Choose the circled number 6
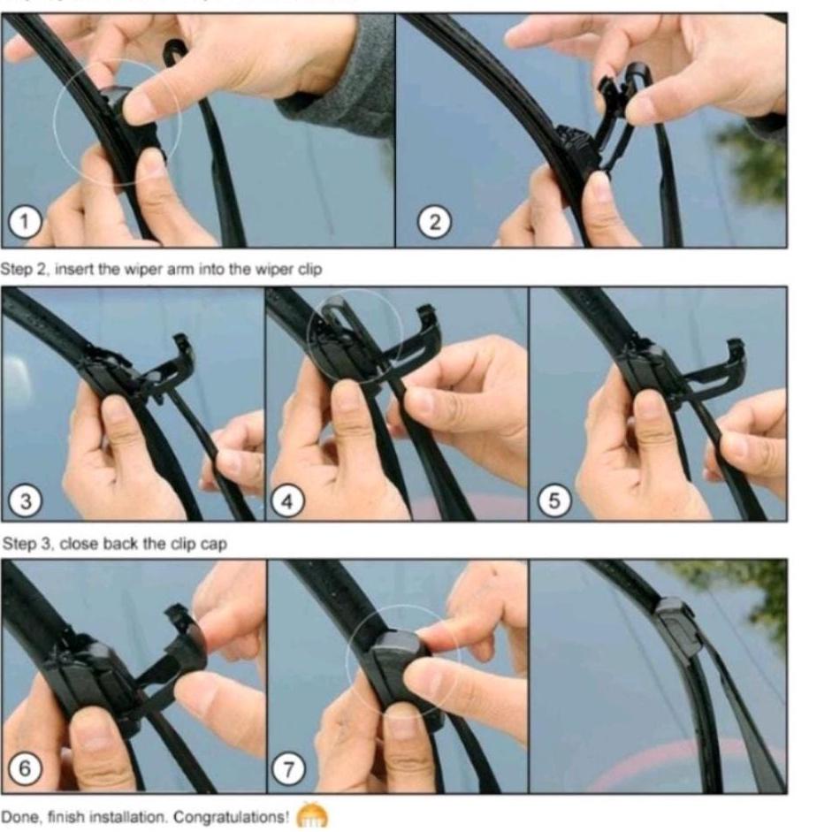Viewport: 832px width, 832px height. [25, 767]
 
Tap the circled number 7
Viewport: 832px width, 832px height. [287, 769]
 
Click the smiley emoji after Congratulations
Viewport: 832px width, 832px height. [311, 815]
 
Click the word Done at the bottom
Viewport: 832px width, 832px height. [19, 817]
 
